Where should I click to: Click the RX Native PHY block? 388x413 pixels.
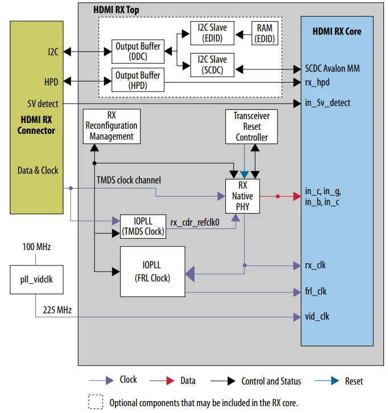(x=243, y=195)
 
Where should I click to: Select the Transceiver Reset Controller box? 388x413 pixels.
(x=251, y=126)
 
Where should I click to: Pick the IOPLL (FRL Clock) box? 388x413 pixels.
(x=152, y=271)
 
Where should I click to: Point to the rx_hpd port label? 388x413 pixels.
(x=316, y=82)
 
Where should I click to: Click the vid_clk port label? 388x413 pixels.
(x=317, y=316)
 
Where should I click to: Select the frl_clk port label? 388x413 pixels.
(x=316, y=291)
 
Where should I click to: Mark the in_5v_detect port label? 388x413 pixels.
(x=328, y=103)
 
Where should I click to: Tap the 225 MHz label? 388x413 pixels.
(x=57, y=310)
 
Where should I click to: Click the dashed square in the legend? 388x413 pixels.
(x=94, y=402)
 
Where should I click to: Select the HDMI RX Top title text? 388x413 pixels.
(x=116, y=10)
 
